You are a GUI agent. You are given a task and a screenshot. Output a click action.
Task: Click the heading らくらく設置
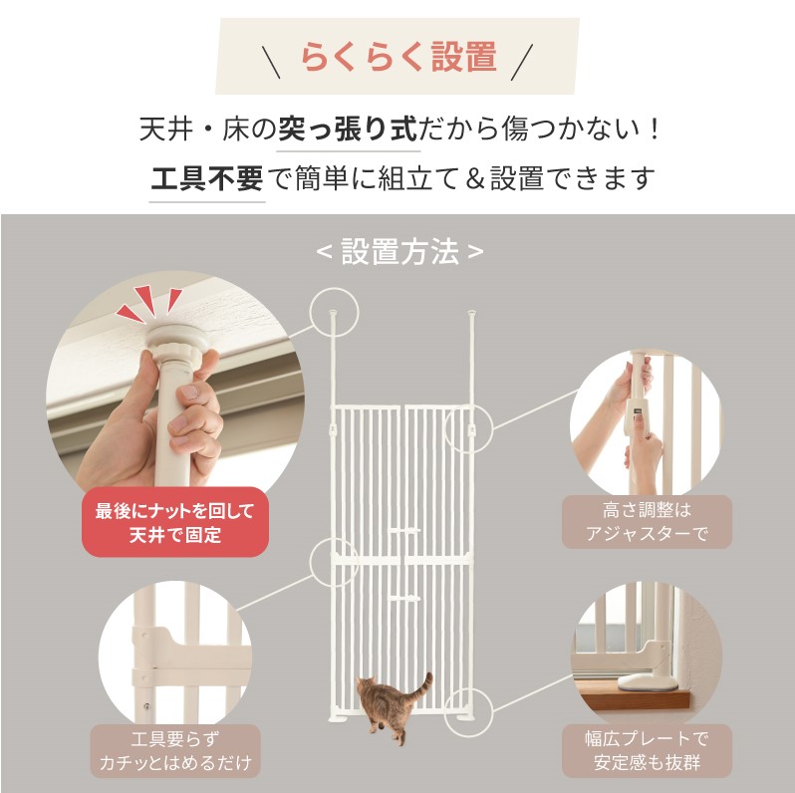point(398,57)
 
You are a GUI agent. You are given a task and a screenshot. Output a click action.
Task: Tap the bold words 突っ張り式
point(348,129)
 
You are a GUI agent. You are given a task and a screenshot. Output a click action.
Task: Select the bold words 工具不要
point(207,178)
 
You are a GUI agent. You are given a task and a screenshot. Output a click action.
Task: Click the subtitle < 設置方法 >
point(399,251)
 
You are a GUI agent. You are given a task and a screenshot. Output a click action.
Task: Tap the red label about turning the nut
point(175,522)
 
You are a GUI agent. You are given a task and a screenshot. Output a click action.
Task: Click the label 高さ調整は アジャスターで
point(647,522)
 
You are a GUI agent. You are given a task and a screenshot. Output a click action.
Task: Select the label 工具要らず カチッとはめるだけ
point(175,751)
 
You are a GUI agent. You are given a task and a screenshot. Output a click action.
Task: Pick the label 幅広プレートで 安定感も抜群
point(647,751)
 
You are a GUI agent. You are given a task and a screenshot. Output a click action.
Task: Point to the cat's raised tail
point(423,687)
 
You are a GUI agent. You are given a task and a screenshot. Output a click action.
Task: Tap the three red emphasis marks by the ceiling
point(149,303)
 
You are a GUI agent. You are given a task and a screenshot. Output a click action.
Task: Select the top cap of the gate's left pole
point(333,314)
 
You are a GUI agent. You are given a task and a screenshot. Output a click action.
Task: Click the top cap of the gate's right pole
point(471,314)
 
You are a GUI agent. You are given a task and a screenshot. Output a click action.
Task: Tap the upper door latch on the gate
point(404,531)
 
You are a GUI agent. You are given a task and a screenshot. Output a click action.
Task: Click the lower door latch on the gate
point(404,599)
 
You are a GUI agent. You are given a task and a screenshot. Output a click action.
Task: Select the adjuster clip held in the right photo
point(638,415)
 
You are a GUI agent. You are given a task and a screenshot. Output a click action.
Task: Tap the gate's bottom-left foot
point(338,717)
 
